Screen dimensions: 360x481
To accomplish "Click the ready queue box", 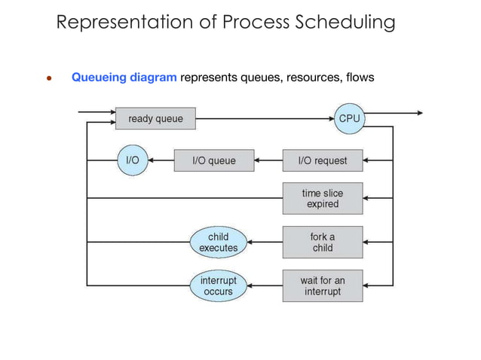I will click(x=155, y=118).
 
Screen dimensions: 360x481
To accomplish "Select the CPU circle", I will click(x=349, y=118).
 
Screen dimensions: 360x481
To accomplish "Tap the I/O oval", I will click(x=131, y=160).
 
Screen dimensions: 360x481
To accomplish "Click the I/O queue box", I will click(x=214, y=160).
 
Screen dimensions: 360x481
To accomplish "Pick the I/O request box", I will click(x=322, y=160).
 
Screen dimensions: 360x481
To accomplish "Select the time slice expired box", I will click(x=322, y=198).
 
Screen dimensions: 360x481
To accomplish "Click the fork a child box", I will click(x=322, y=242).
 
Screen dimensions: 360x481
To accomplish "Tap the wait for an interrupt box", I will click(x=322, y=285).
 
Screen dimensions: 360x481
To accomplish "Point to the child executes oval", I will click(x=218, y=242).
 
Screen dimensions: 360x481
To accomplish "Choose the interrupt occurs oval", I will click(x=218, y=285).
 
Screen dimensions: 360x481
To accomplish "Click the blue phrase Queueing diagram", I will click(x=124, y=77).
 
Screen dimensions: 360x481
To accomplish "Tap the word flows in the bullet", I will click(x=359, y=77).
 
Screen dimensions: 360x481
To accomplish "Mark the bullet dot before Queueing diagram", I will click(x=47, y=78).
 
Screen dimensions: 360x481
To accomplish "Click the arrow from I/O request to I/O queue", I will click(x=269, y=160).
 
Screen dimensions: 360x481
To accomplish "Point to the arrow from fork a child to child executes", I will click(x=265, y=242).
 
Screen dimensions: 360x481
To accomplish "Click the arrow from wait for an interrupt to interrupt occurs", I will click(x=265, y=285).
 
